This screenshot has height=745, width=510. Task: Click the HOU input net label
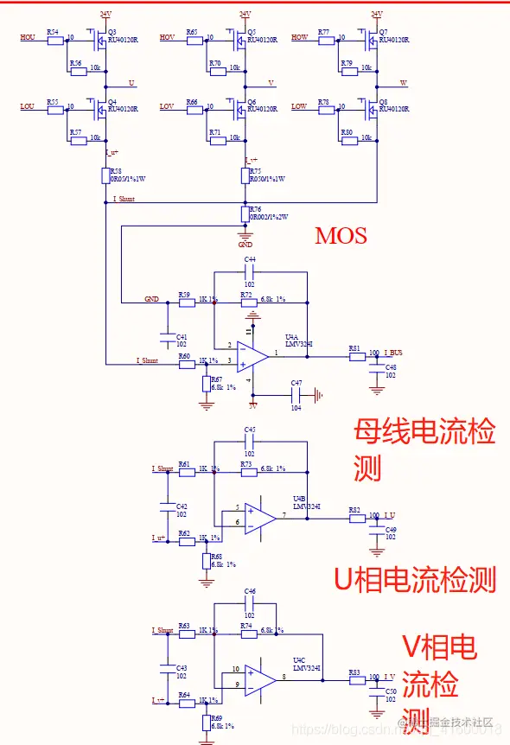click(28, 38)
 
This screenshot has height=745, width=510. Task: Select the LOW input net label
click(299, 106)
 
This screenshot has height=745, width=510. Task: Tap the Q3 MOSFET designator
click(112, 32)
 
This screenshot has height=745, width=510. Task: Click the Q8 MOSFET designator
click(383, 101)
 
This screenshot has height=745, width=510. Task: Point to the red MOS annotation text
click(341, 235)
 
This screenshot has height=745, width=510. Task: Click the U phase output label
click(131, 83)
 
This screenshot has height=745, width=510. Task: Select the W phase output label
click(403, 83)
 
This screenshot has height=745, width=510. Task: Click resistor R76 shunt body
click(245, 213)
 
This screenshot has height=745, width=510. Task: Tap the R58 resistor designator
click(115, 171)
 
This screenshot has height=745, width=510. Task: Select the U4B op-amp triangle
click(258, 517)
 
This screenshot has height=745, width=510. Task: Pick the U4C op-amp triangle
click(258, 679)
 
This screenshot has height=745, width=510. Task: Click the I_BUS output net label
click(392, 353)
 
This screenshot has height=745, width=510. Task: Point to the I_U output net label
click(389, 516)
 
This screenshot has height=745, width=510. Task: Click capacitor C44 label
click(250, 259)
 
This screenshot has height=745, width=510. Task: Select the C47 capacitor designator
click(296, 382)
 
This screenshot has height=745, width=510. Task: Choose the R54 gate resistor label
click(53, 31)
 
